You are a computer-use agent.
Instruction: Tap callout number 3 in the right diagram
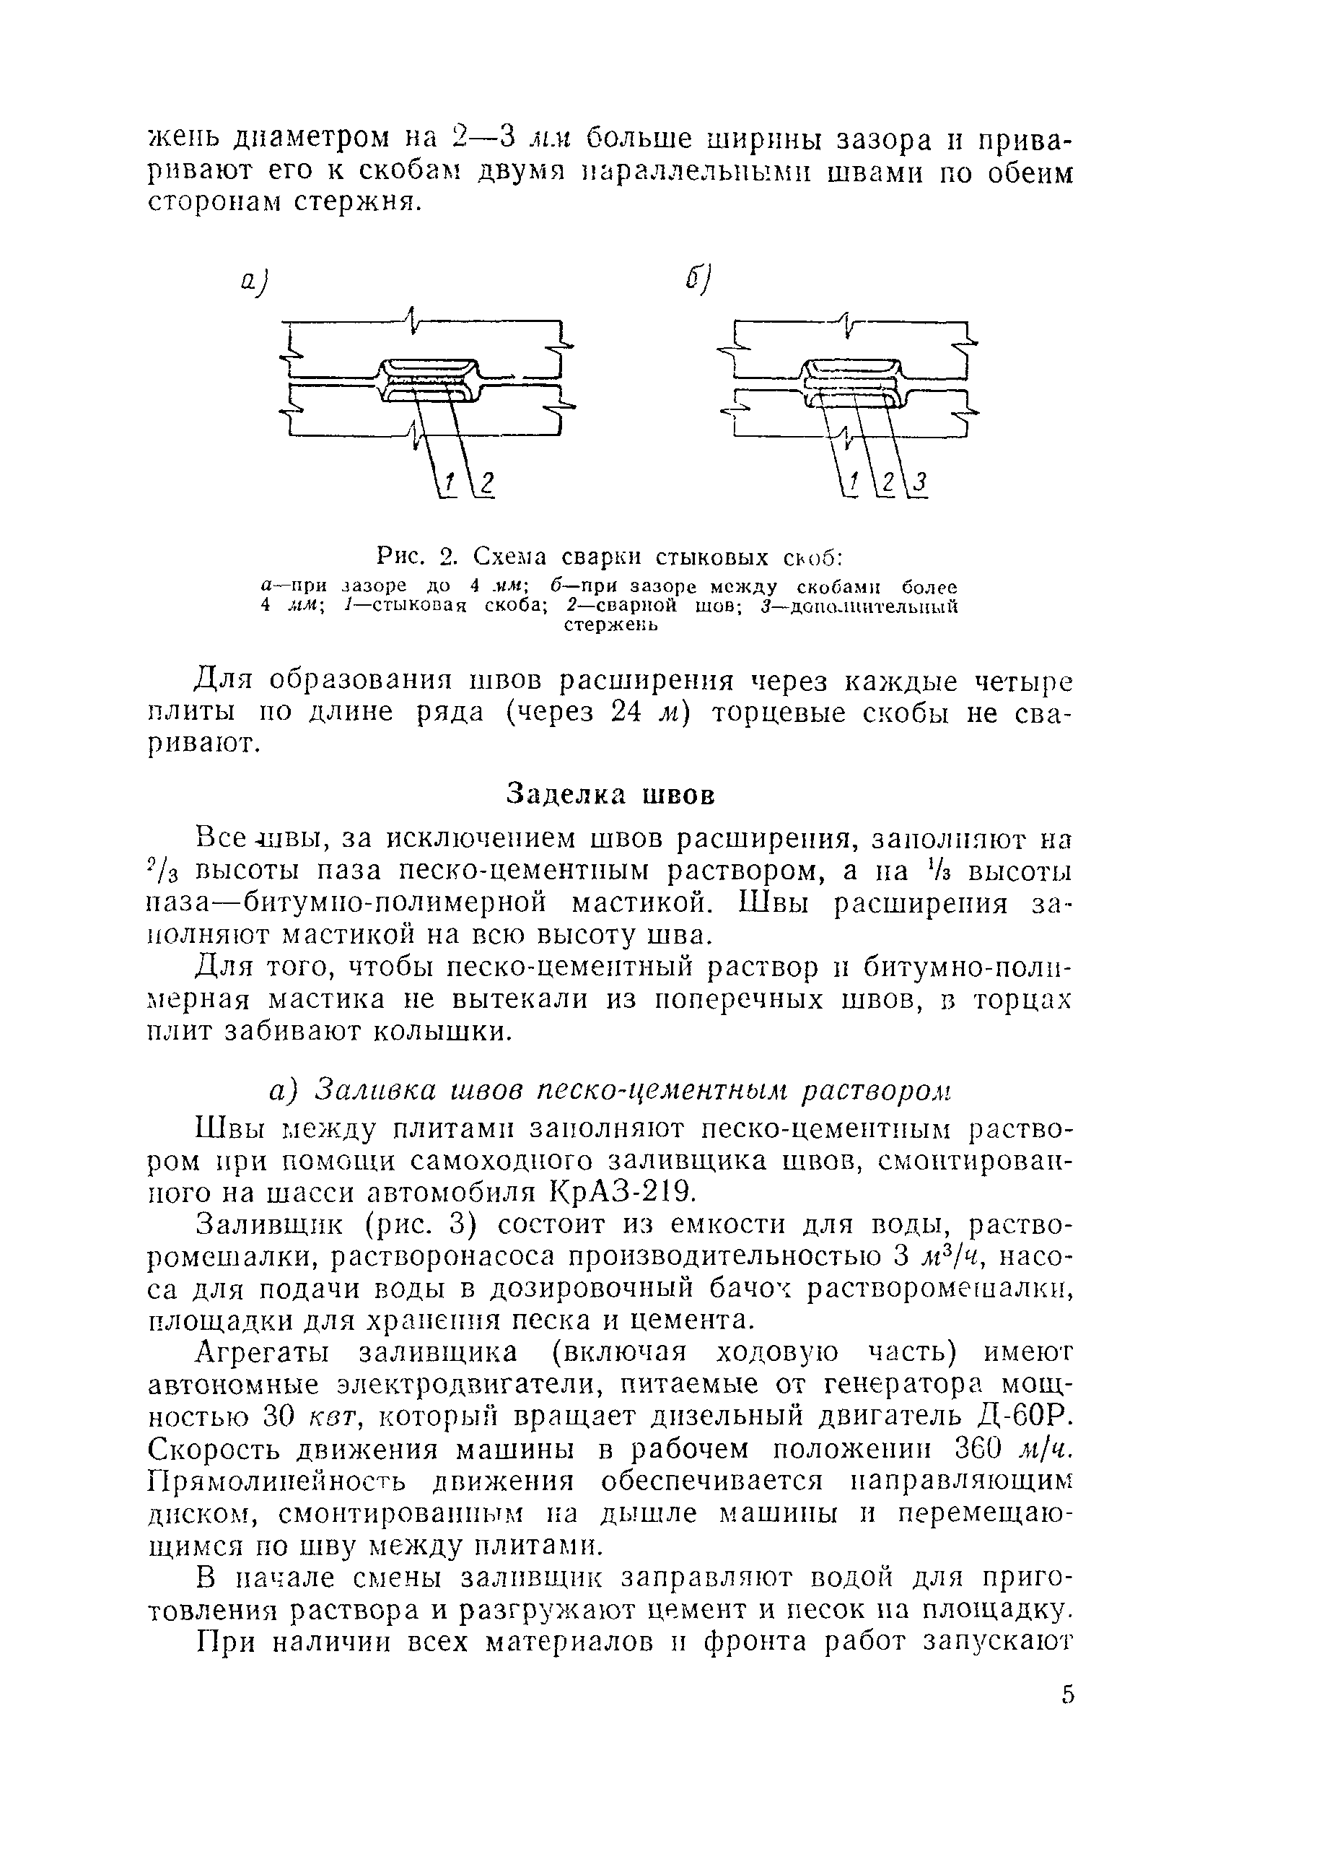point(920,484)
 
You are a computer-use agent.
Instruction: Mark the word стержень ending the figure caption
point(610,625)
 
